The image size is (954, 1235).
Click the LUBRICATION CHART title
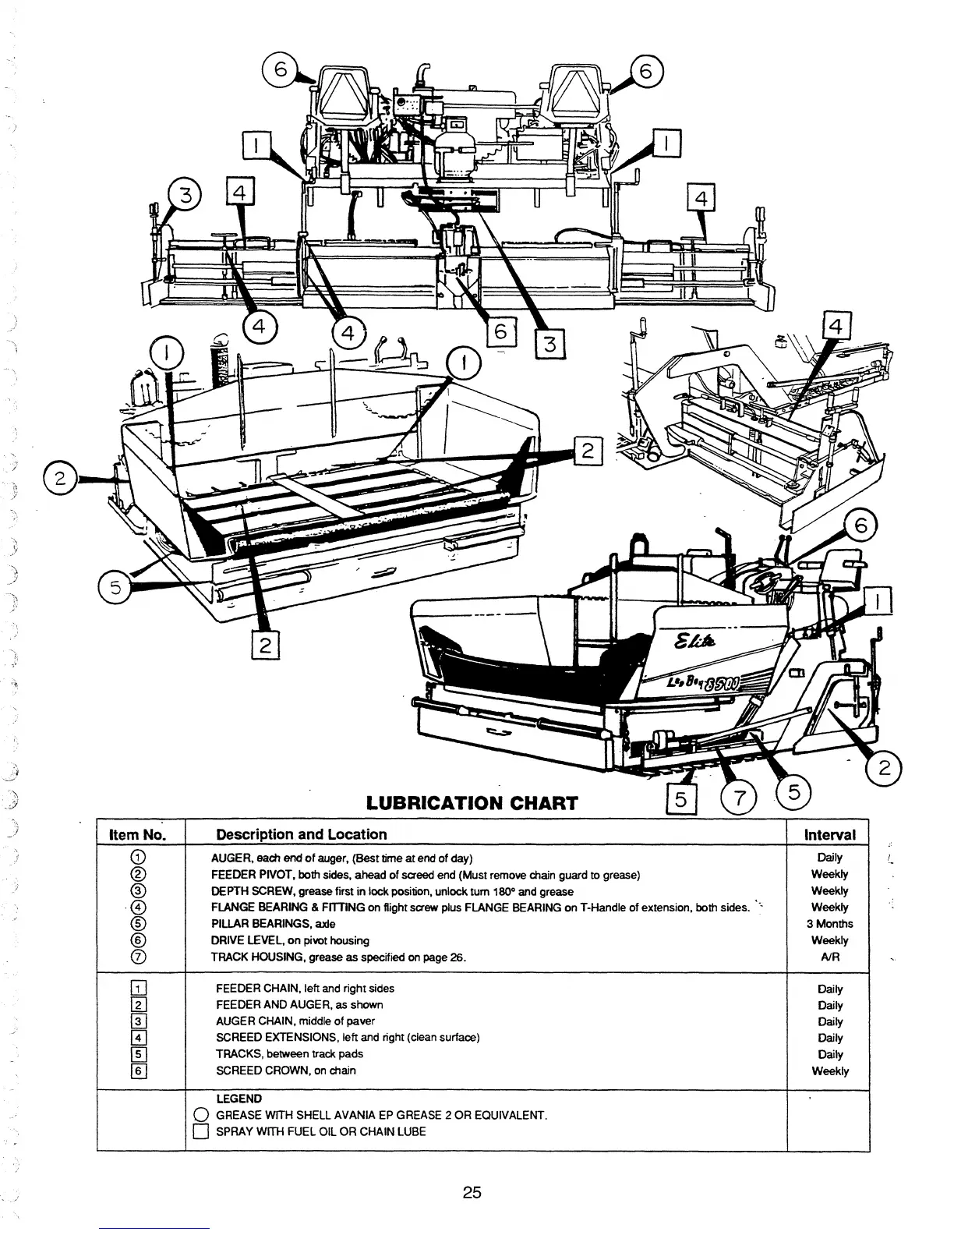[x=472, y=802]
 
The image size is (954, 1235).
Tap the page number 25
[x=472, y=1192]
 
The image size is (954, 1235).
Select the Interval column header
[x=829, y=834]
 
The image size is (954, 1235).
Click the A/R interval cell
[x=830, y=957]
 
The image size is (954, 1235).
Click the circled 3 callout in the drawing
[x=186, y=195]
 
